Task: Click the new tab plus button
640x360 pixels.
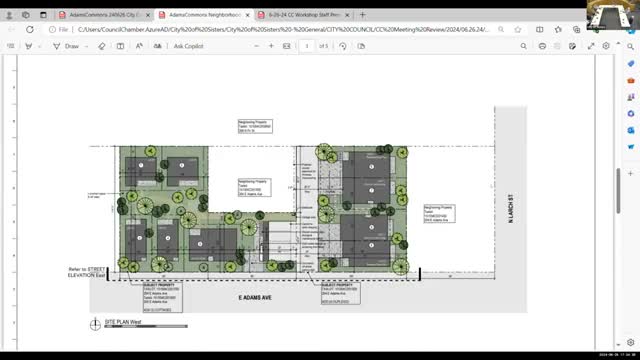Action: [363, 15]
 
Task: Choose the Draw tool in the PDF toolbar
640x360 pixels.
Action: [70, 46]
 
